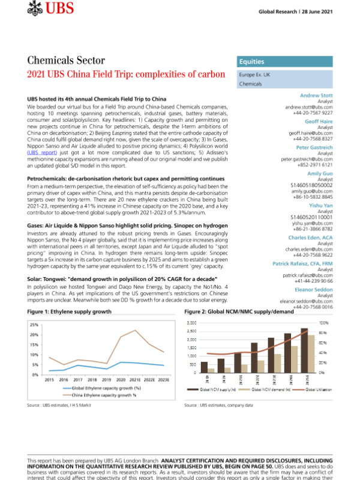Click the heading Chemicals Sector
coord(66,61)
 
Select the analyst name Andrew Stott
coord(317,95)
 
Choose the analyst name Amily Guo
coord(320,173)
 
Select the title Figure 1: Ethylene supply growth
coord(69,313)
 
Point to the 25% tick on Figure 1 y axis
coord(34,325)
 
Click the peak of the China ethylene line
coord(136,331)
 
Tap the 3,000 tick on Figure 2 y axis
coord(192,323)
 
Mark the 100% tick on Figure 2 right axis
coord(340,323)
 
